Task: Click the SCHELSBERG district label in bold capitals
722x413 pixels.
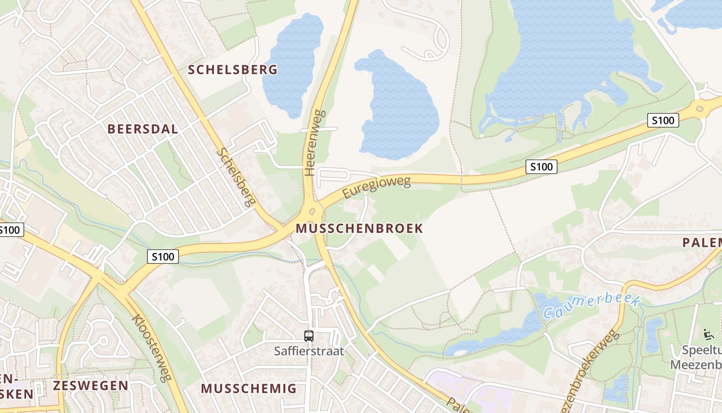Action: coord(232,70)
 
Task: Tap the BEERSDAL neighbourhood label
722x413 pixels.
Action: coord(142,129)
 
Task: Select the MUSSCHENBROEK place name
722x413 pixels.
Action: coord(359,228)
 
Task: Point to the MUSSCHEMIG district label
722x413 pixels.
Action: coord(249,388)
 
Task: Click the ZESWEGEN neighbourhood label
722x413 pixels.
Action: coord(90,385)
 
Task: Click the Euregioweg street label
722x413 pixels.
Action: coord(376,188)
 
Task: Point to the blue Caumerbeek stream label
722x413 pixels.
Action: coord(591,306)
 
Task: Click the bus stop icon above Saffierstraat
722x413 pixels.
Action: coord(308,336)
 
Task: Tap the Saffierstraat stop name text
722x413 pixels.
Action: coord(308,351)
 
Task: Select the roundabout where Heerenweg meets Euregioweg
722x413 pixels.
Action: coord(311,211)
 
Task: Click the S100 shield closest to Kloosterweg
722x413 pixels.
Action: coord(163,256)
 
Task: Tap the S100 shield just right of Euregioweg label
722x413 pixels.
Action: coord(541,166)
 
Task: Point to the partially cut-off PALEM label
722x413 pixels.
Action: coord(702,243)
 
